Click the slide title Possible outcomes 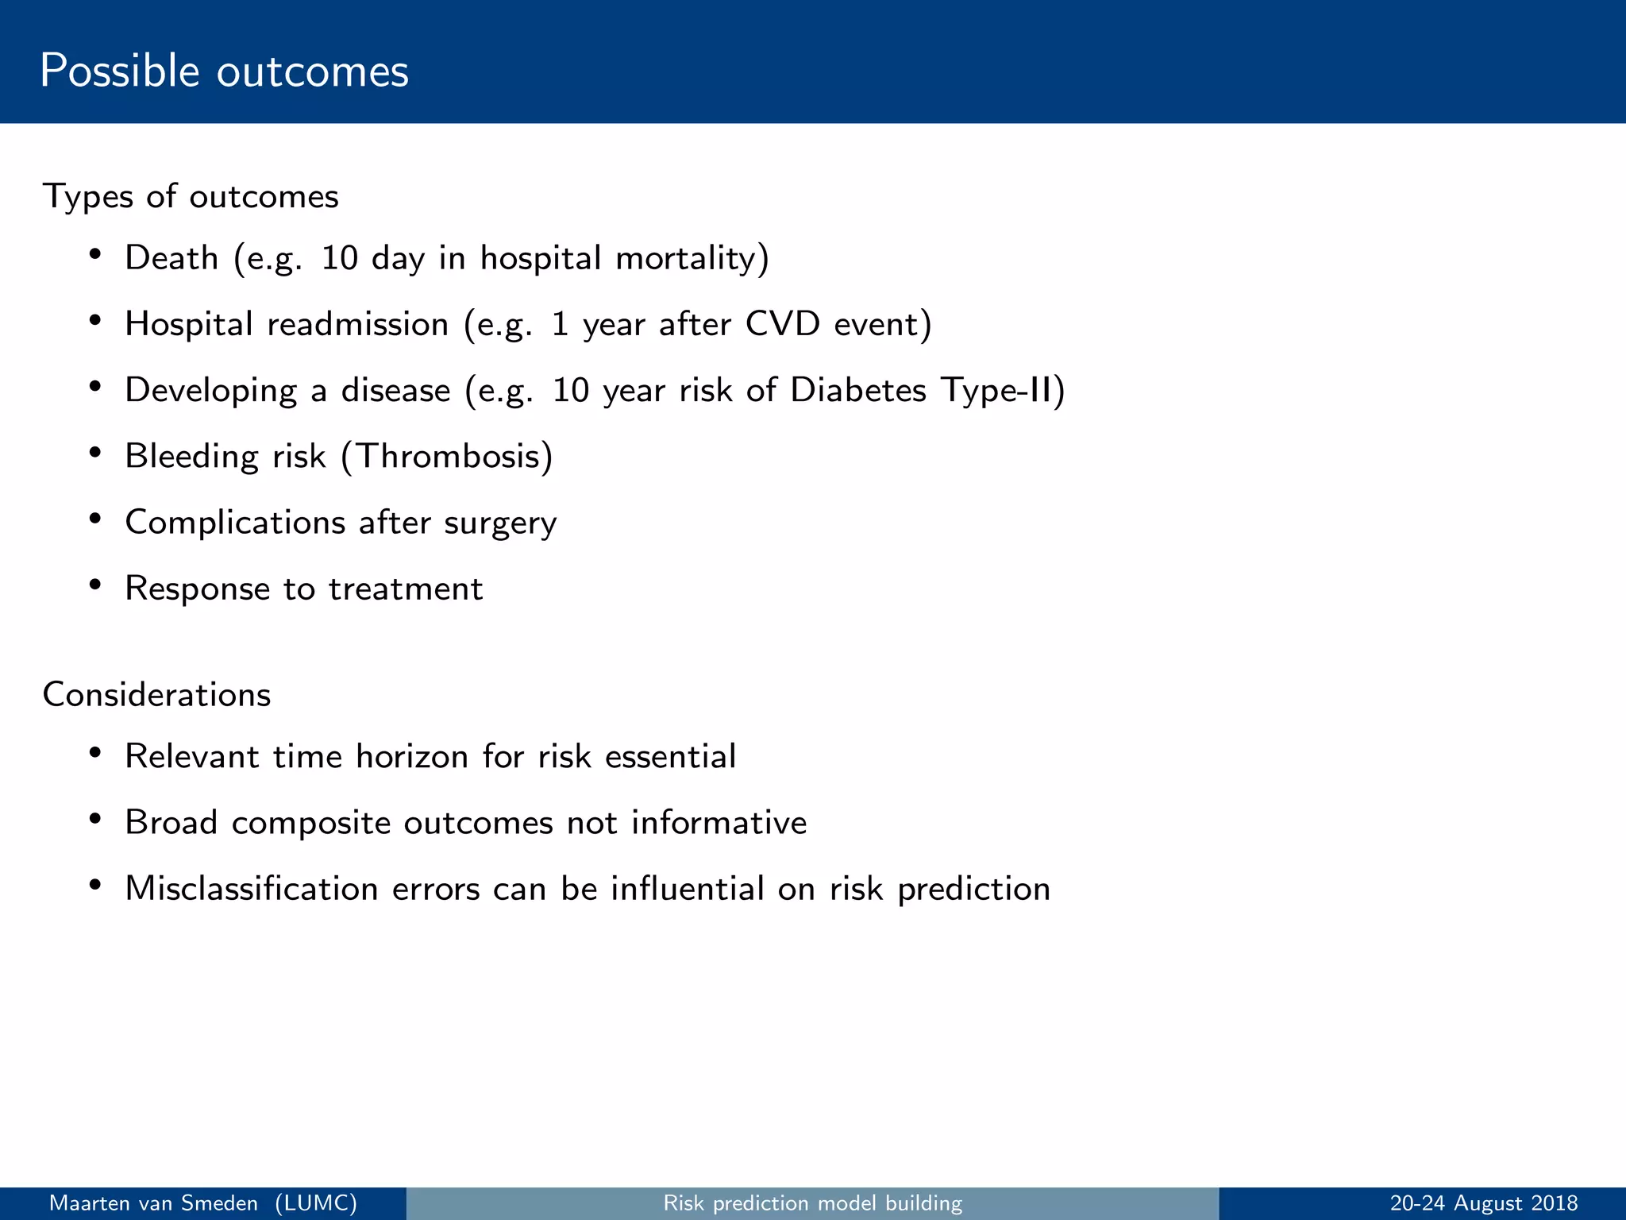[x=224, y=71]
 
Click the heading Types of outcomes [x=191, y=196]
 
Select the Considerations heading [x=156, y=695]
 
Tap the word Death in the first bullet [x=171, y=258]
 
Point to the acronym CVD [x=782, y=324]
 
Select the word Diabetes [x=858, y=390]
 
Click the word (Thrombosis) [x=447, y=456]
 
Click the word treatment [x=406, y=589]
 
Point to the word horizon [x=412, y=756]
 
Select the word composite [x=310, y=823]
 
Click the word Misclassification [x=251, y=889]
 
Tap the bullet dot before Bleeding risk [x=95, y=453]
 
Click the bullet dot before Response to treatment [x=95, y=585]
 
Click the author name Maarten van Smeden [x=153, y=1203]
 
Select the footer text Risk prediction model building [x=812, y=1203]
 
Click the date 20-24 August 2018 [x=1483, y=1203]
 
